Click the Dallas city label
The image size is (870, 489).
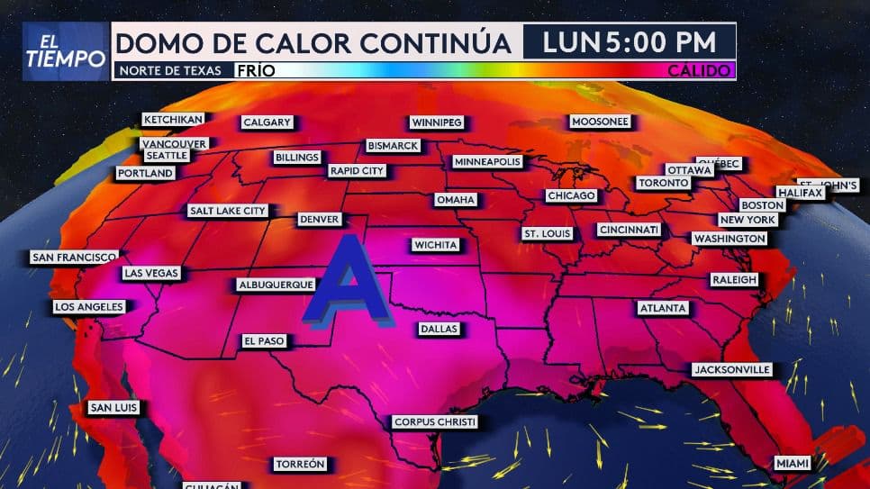tap(440, 330)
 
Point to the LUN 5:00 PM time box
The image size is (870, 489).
tap(630, 41)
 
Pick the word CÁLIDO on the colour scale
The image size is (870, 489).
tap(700, 70)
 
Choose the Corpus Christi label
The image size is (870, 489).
tap(435, 421)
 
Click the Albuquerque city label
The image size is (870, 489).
tap(276, 285)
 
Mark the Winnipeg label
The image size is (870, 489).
tap(436, 122)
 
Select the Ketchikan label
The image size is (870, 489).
tap(173, 119)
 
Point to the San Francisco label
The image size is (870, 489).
tap(74, 258)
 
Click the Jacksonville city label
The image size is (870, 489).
tap(731, 369)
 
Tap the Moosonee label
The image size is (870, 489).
tap(600, 122)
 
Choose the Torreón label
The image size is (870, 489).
tap(300, 465)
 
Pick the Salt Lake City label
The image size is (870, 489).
tap(228, 211)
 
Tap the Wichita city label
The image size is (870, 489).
tap(436, 245)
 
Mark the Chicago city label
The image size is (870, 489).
tap(571, 195)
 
